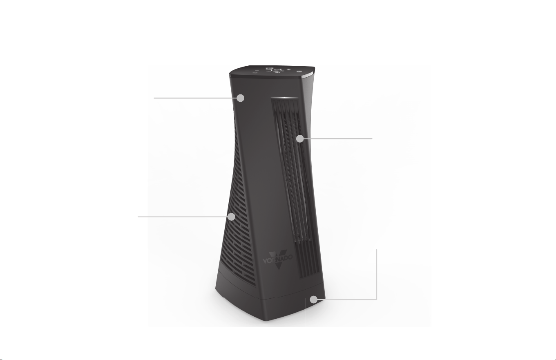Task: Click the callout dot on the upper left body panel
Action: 240,98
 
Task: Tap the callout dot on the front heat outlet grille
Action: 300,139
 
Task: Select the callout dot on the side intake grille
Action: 232,217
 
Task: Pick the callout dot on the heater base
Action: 314,300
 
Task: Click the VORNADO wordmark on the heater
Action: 277,259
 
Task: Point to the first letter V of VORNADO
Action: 265,261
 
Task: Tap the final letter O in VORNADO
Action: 290,257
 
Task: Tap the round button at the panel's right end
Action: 298,72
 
